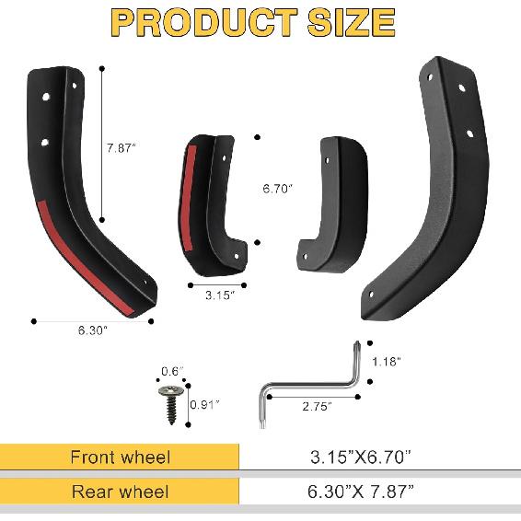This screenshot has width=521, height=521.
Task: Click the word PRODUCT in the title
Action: pos(198,23)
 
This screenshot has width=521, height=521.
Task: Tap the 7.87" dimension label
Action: pos(120,146)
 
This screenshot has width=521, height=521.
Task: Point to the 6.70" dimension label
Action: pos(277,189)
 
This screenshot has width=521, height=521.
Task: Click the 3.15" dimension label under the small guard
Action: pos(219,296)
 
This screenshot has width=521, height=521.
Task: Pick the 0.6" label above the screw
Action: pos(172,371)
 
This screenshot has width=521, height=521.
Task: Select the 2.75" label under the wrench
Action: pos(318,404)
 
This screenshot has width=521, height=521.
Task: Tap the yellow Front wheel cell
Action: pos(120,457)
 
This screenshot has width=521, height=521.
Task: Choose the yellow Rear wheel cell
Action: pos(120,492)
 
